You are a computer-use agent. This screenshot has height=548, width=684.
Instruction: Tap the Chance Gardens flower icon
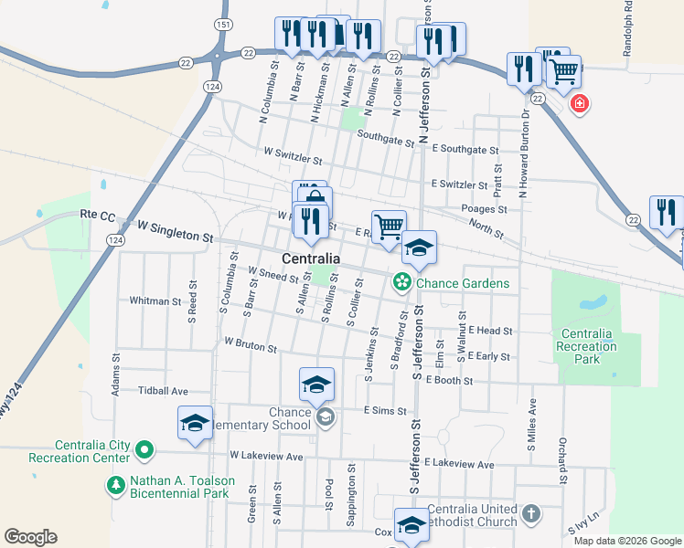tap(401, 283)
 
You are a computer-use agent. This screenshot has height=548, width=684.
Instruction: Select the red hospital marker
tap(579, 104)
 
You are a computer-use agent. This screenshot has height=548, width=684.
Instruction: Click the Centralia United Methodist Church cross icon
tap(530, 515)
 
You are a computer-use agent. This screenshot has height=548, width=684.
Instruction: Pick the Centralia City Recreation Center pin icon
tap(144, 450)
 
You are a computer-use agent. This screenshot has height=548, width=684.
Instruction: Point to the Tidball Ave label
tap(162, 390)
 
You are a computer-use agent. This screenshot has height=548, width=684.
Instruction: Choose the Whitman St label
tap(155, 300)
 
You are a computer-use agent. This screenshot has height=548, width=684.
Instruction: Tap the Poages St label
tap(484, 209)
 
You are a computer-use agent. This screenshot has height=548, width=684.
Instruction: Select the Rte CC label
tap(98, 216)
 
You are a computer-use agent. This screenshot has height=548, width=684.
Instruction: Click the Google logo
tap(30, 537)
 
